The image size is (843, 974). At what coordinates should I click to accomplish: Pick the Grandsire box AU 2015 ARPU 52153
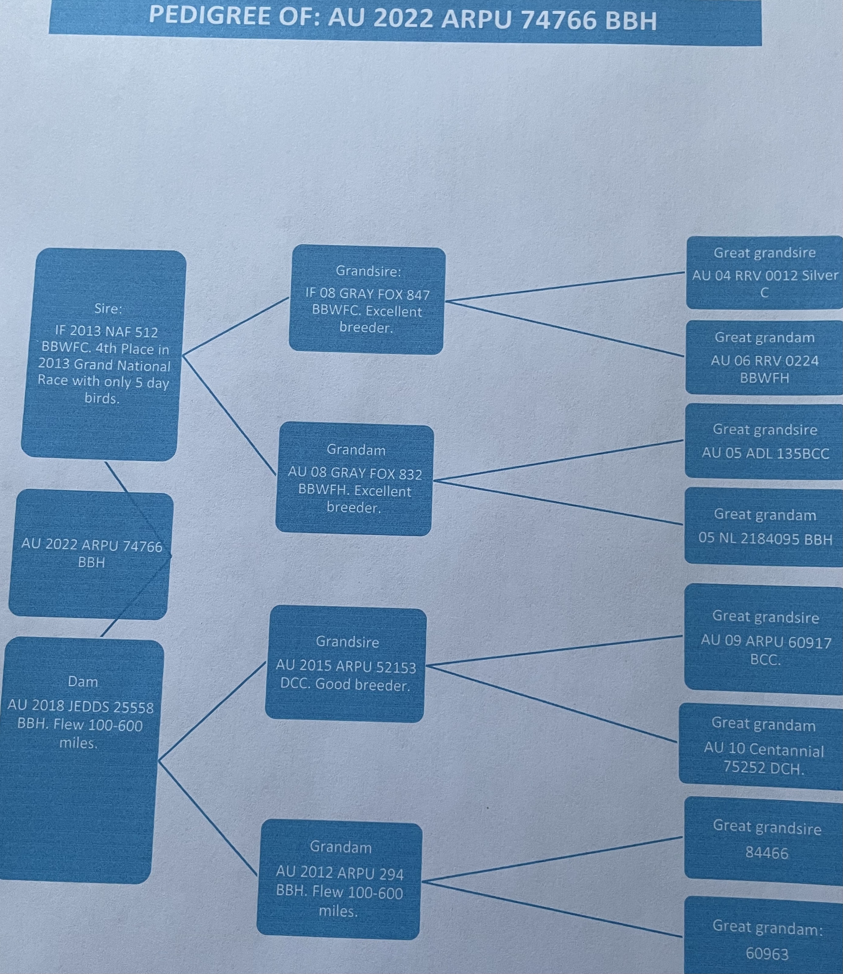click(x=346, y=663)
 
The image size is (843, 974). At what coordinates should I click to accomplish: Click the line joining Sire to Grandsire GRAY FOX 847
click(x=235, y=325)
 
